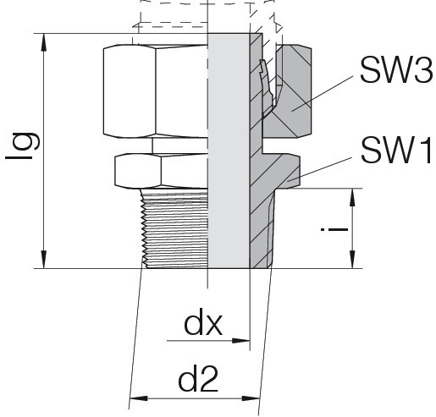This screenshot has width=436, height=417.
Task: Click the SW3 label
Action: (396, 69)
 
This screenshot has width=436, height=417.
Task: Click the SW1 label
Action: (396, 151)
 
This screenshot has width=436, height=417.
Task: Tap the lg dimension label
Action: (22, 145)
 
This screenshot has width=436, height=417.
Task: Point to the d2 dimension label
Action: (198, 378)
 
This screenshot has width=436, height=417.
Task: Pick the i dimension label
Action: (334, 228)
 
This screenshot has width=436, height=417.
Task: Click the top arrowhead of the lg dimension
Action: (43, 42)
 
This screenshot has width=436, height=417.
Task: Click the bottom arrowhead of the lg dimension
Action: (43, 260)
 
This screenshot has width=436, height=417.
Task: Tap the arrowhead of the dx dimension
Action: (241, 341)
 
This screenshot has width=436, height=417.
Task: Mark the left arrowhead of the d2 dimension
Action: (138, 398)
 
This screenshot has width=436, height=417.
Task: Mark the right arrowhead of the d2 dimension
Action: (251, 398)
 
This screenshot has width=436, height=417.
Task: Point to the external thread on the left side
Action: (174, 228)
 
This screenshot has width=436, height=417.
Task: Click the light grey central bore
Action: (229, 151)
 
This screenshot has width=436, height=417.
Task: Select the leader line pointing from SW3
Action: (323, 93)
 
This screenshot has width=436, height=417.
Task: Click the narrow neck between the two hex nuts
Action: (180, 145)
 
